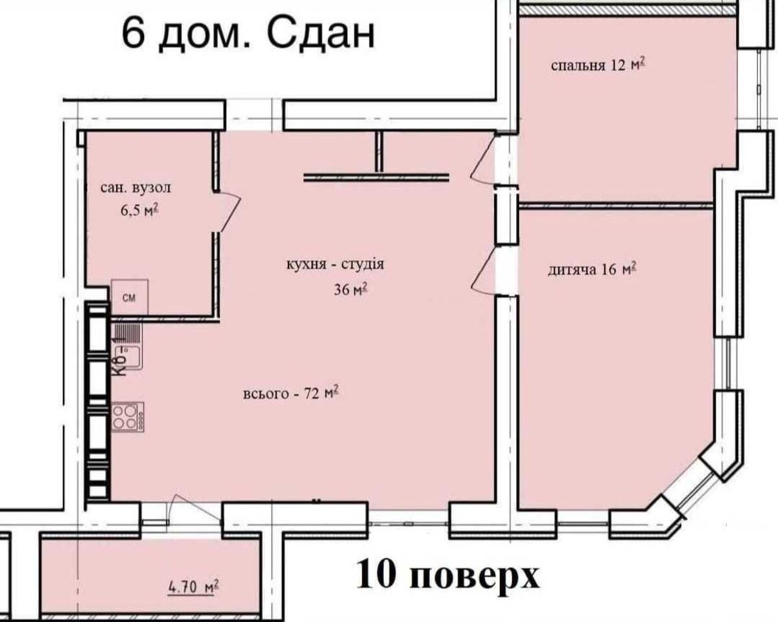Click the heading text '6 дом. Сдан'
coord(248,35)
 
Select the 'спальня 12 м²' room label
coord(598,64)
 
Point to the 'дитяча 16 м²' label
coord(592,269)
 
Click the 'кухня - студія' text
coord(335,265)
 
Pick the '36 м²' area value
coord(351,289)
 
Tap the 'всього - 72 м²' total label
coord(291,393)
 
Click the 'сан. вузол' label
coord(136,188)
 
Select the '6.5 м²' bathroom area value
coord(140,211)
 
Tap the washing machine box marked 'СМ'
coord(130,297)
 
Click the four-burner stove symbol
coord(128,416)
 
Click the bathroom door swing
coord(228,212)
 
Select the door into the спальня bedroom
coord(483,158)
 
